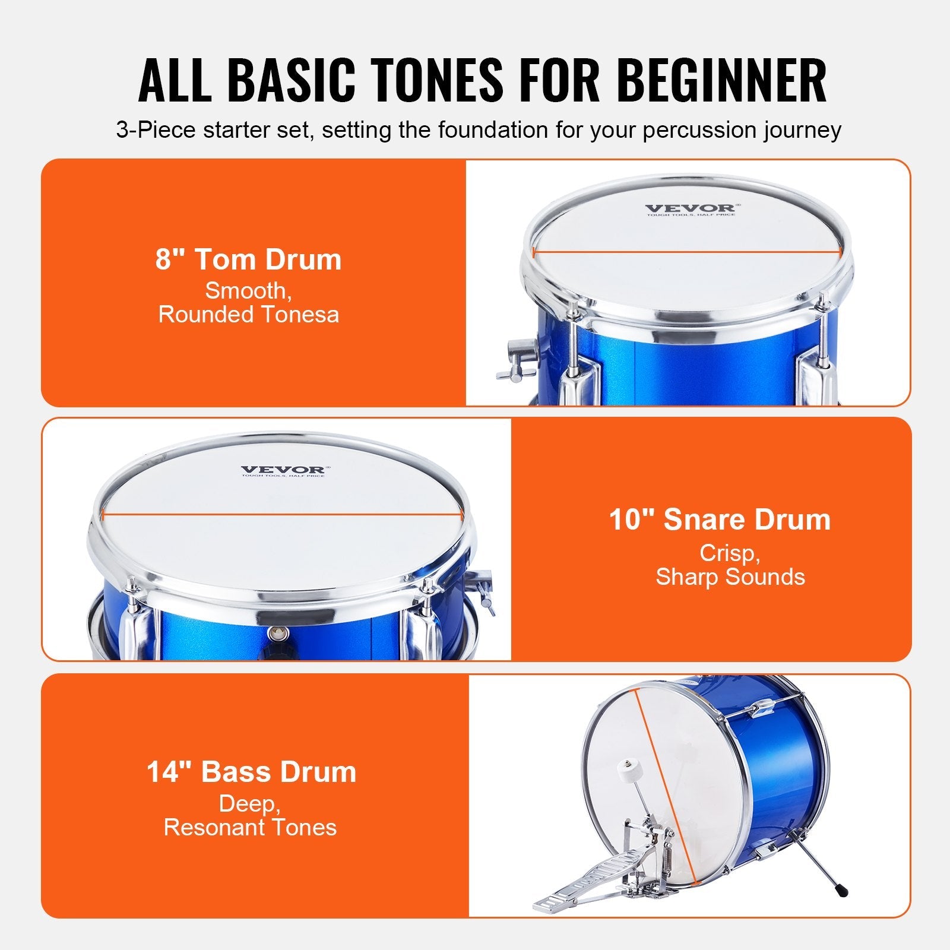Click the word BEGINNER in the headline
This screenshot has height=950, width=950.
(x=722, y=80)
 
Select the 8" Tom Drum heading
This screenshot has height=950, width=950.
(x=249, y=259)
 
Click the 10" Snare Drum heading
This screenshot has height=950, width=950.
(x=720, y=520)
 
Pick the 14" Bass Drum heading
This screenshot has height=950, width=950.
(x=251, y=772)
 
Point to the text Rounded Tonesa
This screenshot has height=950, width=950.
(x=249, y=315)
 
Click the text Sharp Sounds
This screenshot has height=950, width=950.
(x=730, y=577)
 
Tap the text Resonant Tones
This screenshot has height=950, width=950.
(x=250, y=827)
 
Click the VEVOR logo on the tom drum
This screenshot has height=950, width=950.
(x=690, y=208)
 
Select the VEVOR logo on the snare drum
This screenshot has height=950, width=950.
(x=283, y=470)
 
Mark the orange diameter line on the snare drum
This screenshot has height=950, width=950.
(x=282, y=515)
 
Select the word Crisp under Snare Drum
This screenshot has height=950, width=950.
(x=729, y=553)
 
